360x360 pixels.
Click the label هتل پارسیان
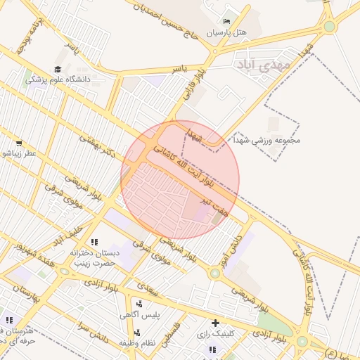point(227,33)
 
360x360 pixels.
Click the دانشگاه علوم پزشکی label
point(59,80)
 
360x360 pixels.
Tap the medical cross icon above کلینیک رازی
point(215,322)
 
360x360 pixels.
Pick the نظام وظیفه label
point(136,342)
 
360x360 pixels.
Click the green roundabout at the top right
point(329,27)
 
